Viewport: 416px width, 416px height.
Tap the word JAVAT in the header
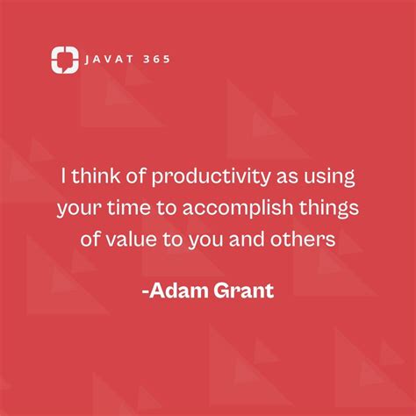108,61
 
